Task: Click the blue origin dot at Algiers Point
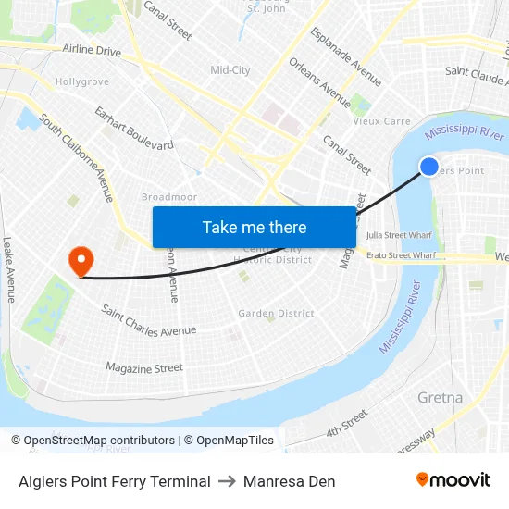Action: click(x=429, y=167)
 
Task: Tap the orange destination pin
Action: click(x=81, y=259)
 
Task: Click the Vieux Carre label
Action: click(x=381, y=121)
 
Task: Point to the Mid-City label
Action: click(x=230, y=70)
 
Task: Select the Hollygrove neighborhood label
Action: click(x=82, y=82)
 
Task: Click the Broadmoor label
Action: click(x=168, y=197)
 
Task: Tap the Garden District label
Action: click(x=276, y=314)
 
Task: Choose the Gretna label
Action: click(x=440, y=398)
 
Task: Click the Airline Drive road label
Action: click(x=92, y=50)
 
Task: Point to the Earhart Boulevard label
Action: click(x=133, y=129)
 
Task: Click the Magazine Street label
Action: click(x=144, y=368)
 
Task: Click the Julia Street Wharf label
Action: click(x=399, y=236)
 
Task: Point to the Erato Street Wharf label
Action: click(x=401, y=254)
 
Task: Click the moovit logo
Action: click(x=453, y=479)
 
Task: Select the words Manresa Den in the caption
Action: click(x=289, y=481)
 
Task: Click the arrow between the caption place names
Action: click(x=227, y=481)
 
